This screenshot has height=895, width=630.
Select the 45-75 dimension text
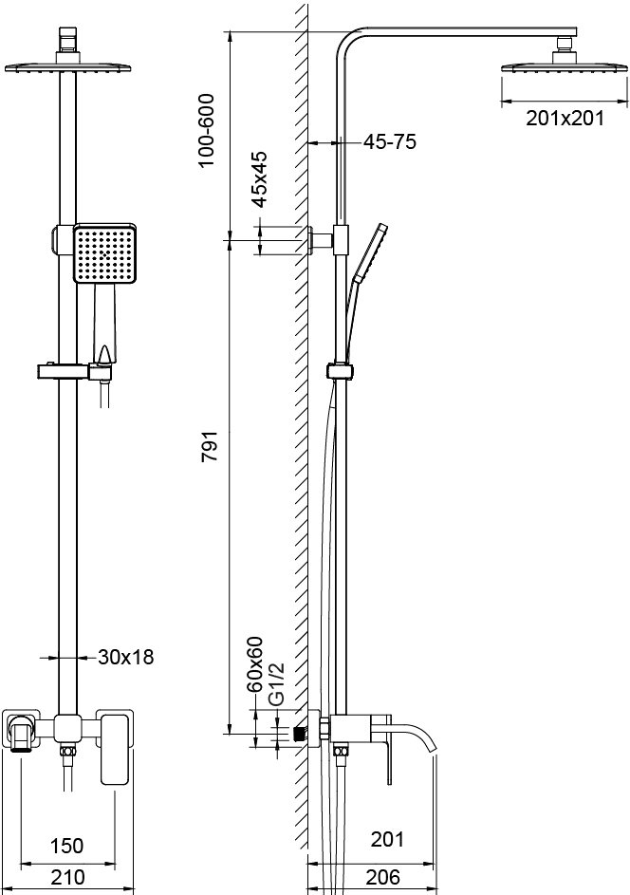[390, 142]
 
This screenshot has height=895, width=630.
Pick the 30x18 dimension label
[125, 656]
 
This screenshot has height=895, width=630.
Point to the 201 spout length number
[387, 839]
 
